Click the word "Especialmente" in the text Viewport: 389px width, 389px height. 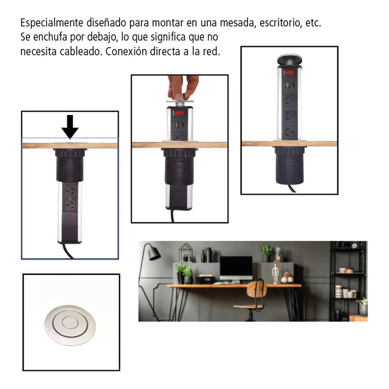(52, 23)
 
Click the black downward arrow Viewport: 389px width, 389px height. (70, 126)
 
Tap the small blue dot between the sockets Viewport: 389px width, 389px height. (70, 198)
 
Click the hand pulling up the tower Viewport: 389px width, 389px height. (183, 87)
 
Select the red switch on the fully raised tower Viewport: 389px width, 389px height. (289, 72)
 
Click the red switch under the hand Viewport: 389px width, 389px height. (179, 113)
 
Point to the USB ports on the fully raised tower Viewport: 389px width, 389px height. (289, 85)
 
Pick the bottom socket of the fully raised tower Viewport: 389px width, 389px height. (289, 132)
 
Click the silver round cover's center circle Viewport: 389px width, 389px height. (70, 322)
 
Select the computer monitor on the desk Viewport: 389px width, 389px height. (236, 269)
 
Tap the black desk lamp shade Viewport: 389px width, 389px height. (154, 254)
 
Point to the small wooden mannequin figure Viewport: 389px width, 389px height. (275, 274)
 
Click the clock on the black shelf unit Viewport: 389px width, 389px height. (354, 246)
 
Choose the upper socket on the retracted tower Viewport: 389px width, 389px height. (70, 191)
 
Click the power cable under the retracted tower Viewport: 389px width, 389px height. (68, 251)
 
